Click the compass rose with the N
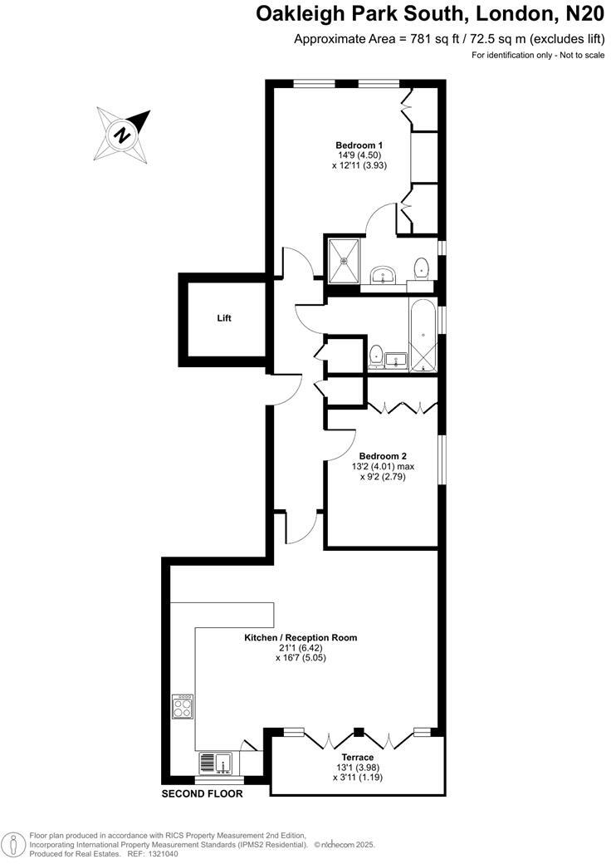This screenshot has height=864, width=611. [x=122, y=133]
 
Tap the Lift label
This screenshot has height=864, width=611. [x=224, y=318]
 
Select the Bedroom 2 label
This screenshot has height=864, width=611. [x=383, y=455]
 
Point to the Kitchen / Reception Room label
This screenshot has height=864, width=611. [x=300, y=638]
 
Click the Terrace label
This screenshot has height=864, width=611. [x=354, y=757]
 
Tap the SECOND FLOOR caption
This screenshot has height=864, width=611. [x=202, y=794]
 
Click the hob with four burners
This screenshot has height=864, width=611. [x=183, y=707]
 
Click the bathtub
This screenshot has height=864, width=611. [x=423, y=334]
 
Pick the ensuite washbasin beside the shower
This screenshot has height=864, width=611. [x=384, y=275]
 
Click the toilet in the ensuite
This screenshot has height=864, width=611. [x=422, y=268]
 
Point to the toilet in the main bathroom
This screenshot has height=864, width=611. [x=375, y=355]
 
